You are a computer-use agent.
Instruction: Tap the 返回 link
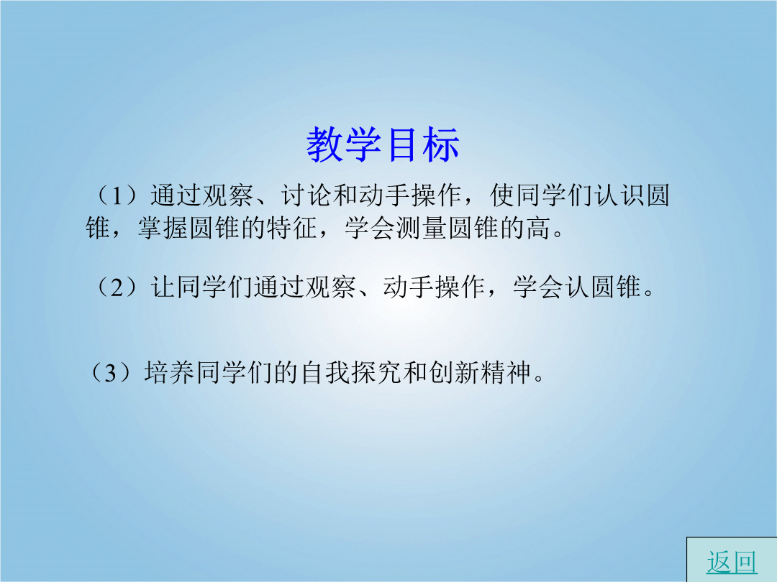coord(732,563)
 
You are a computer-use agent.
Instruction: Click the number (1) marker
coord(117,195)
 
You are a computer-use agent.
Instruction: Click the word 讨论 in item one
coord(306,195)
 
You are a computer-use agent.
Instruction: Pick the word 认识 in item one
coord(619,195)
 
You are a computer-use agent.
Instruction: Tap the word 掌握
coord(163,228)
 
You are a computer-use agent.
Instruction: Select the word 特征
coord(292,228)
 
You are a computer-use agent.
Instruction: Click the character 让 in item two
coord(163,287)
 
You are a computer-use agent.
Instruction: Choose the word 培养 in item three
coord(170,372)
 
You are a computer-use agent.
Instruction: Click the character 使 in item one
coord(502,195)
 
